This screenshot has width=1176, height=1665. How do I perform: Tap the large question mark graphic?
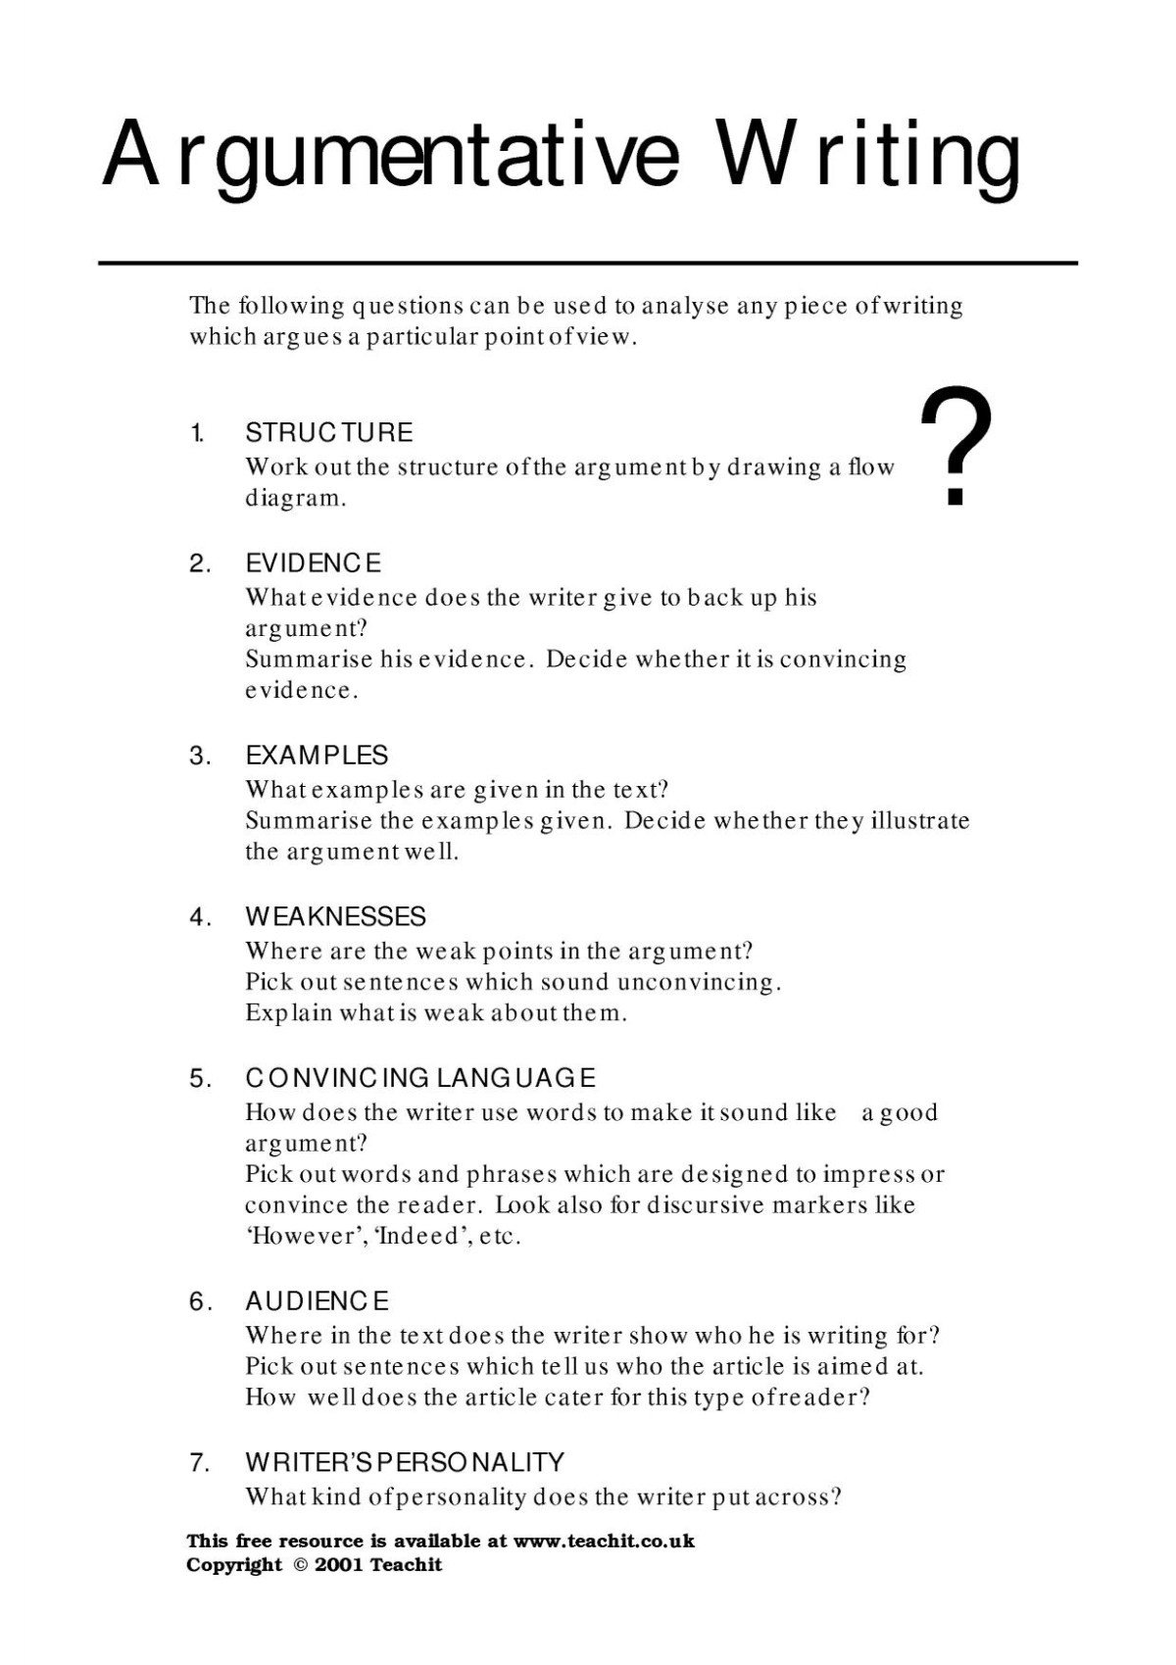coord(955,449)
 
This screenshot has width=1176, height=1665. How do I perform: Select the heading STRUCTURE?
coord(328,432)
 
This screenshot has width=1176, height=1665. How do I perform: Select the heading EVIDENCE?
coord(313,563)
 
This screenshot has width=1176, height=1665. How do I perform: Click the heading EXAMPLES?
coord(317,756)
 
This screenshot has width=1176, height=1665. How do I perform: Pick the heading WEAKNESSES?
coord(335,917)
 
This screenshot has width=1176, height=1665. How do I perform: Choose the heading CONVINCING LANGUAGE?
coord(419,1079)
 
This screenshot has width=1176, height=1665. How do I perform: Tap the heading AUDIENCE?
coord(317,1301)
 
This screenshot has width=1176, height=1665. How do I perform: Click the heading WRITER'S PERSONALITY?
coord(404,1463)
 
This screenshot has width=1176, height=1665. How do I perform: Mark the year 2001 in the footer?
coord(339,1565)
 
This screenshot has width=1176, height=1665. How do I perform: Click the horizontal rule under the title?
coord(588,264)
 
